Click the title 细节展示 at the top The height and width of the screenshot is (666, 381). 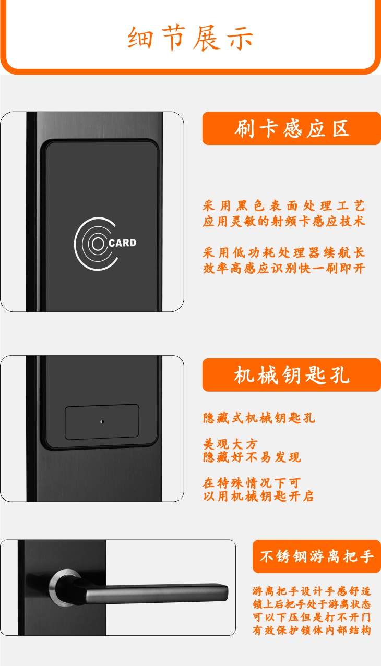click(190, 38)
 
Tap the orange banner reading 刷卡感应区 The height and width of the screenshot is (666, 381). click(291, 128)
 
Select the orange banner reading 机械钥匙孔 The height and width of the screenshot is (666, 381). click(291, 375)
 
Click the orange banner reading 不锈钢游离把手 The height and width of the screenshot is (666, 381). click(317, 556)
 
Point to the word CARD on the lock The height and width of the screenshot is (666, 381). click(123, 243)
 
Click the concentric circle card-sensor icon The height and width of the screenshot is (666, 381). click(96, 244)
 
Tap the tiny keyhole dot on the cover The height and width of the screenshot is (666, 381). click(102, 421)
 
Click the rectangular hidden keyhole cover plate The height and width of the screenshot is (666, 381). click(102, 422)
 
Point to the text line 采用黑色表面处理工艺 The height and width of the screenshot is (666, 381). click(284, 206)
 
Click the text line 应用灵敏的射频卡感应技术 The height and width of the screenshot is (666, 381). click(284, 222)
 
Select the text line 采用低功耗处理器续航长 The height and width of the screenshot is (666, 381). click(284, 253)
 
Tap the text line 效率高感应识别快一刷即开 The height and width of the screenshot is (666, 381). click(284, 269)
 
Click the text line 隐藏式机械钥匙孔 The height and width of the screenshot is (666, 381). click(259, 418)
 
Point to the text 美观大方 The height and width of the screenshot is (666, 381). click(230, 444)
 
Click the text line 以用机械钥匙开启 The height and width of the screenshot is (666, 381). click(258, 496)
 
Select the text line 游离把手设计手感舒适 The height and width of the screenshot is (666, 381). click(312, 591)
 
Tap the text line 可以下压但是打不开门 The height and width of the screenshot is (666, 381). click(312, 617)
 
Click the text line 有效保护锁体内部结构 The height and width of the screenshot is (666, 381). click(312, 631)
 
